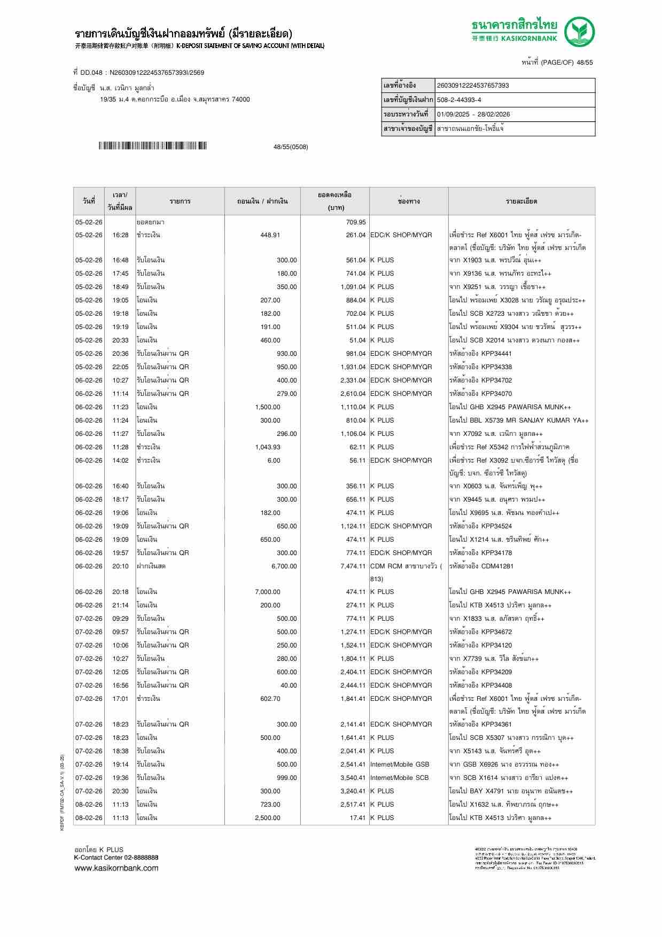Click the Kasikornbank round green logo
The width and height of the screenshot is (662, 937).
click(x=580, y=32)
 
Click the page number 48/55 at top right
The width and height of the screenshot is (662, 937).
click(x=584, y=63)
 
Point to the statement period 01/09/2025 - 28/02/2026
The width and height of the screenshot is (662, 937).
click(x=473, y=114)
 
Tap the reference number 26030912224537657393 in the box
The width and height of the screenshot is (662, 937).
click(x=472, y=85)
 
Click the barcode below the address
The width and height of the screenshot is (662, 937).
click(x=152, y=146)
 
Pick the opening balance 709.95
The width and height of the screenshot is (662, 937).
click(x=356, y=222)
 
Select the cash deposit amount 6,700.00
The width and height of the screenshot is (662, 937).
click(x=284, y=566)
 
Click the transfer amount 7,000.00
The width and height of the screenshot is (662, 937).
click(x=268, y=592)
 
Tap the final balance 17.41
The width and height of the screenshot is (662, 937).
click(x=357, y=818)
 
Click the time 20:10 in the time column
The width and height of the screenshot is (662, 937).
click(x=120, y=566)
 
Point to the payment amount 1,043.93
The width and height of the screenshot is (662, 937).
click(x=268, y=447)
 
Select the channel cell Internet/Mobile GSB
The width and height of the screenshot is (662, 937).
click(x=400, y=764)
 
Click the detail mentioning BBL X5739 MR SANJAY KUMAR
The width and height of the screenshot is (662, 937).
click(x=518, y=420)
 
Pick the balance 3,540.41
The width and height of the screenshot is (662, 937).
click(x=353, y=778)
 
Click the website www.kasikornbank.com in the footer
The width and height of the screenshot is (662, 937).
click(x=116, y=868)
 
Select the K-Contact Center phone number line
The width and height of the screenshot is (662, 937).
click(x=116, y=857)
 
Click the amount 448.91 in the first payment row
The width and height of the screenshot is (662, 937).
click(x=270, y=235)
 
